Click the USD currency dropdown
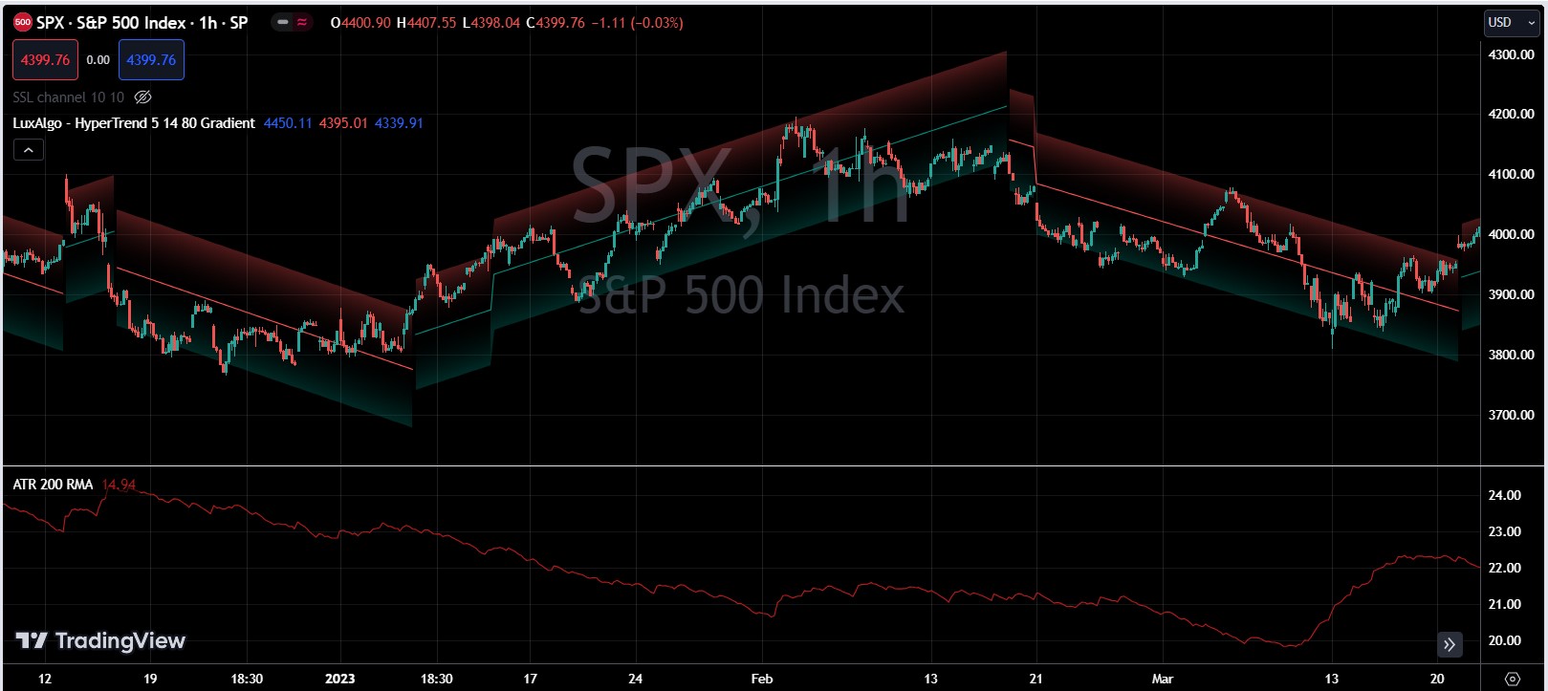1506,22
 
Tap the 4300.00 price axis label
1511,54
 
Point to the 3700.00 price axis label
1511,415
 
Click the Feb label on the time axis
761,679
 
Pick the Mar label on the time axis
1162,679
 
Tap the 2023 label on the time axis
339,679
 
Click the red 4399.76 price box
45,60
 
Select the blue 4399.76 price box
151,60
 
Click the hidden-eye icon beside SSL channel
143,97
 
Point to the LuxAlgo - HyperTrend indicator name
134,123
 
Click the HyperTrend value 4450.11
288,123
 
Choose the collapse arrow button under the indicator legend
29,150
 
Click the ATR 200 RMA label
53,485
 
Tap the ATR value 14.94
119,485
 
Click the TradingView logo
100,640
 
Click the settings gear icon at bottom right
1512,679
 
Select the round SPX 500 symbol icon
22,22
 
